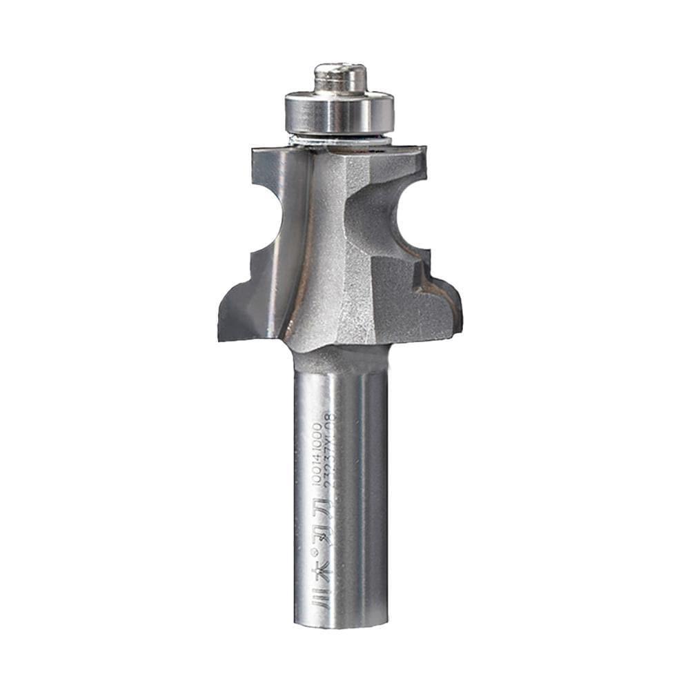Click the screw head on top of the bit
coord(340,77)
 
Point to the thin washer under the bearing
coord(341,141)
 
